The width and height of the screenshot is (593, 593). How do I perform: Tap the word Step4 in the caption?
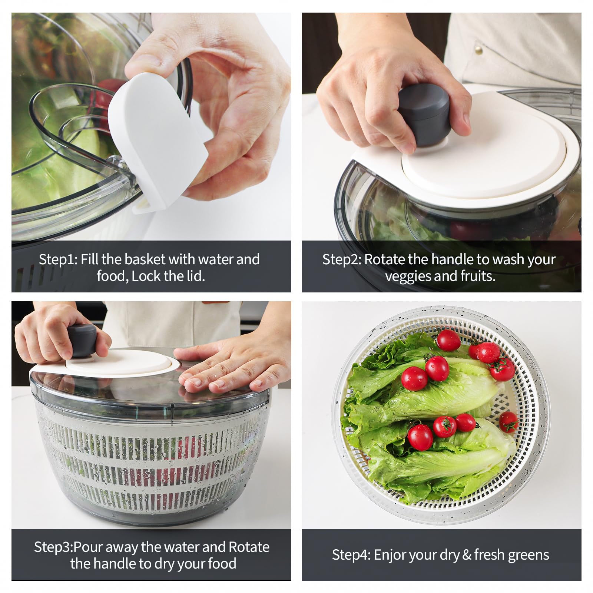coord(351,555)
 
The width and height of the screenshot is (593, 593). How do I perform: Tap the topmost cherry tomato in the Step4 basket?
coord(449,340)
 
